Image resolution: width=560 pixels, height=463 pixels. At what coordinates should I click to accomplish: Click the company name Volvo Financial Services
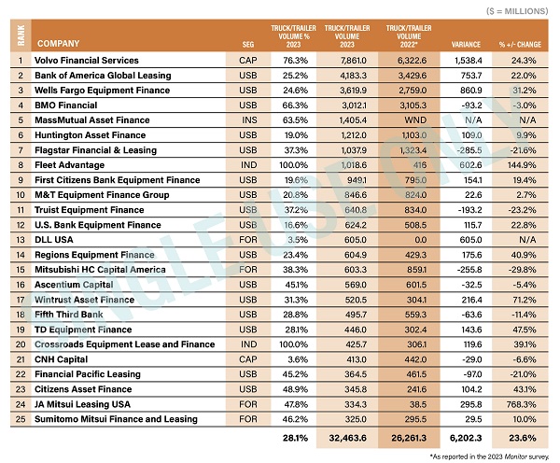click(x=87, y=61)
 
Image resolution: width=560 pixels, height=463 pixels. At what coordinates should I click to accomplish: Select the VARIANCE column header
click(x=466, y=45)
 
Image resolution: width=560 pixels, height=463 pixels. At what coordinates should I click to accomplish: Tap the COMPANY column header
click(x=58, y=44)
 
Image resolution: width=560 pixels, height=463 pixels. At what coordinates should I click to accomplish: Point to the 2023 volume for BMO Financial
click(x=353, y=105)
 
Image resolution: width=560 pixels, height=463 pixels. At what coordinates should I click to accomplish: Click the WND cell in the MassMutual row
click(x=415, y=120)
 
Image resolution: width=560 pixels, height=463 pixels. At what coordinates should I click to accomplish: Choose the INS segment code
click(x=249, y=120)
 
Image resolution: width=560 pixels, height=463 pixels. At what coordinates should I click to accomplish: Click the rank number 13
click(x=21, y=240)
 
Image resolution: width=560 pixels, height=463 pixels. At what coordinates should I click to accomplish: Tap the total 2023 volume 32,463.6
click(x=347, y=438)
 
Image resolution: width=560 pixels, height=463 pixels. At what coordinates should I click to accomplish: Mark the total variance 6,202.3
click(x=466, y=438)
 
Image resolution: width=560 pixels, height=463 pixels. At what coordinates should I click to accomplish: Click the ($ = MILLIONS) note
click(x=517, y=11)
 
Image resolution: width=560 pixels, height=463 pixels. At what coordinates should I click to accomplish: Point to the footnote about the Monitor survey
click(x=489, y=456)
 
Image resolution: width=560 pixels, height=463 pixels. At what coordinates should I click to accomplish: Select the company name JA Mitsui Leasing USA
click(x=82, y=404)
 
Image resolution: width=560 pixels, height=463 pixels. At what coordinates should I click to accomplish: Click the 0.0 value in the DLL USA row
click(x=420, y=240)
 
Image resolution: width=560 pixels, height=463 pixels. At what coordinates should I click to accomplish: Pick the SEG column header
click(x=248, y=45)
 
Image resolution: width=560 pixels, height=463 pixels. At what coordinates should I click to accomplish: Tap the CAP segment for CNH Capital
click(x=248, y=359)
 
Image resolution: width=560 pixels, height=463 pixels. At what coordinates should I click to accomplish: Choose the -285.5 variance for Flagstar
click(x=469, y=150)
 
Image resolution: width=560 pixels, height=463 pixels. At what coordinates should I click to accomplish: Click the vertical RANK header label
click(x=21, y=35)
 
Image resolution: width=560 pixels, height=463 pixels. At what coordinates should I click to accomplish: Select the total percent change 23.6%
click(x=522, y=438)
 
